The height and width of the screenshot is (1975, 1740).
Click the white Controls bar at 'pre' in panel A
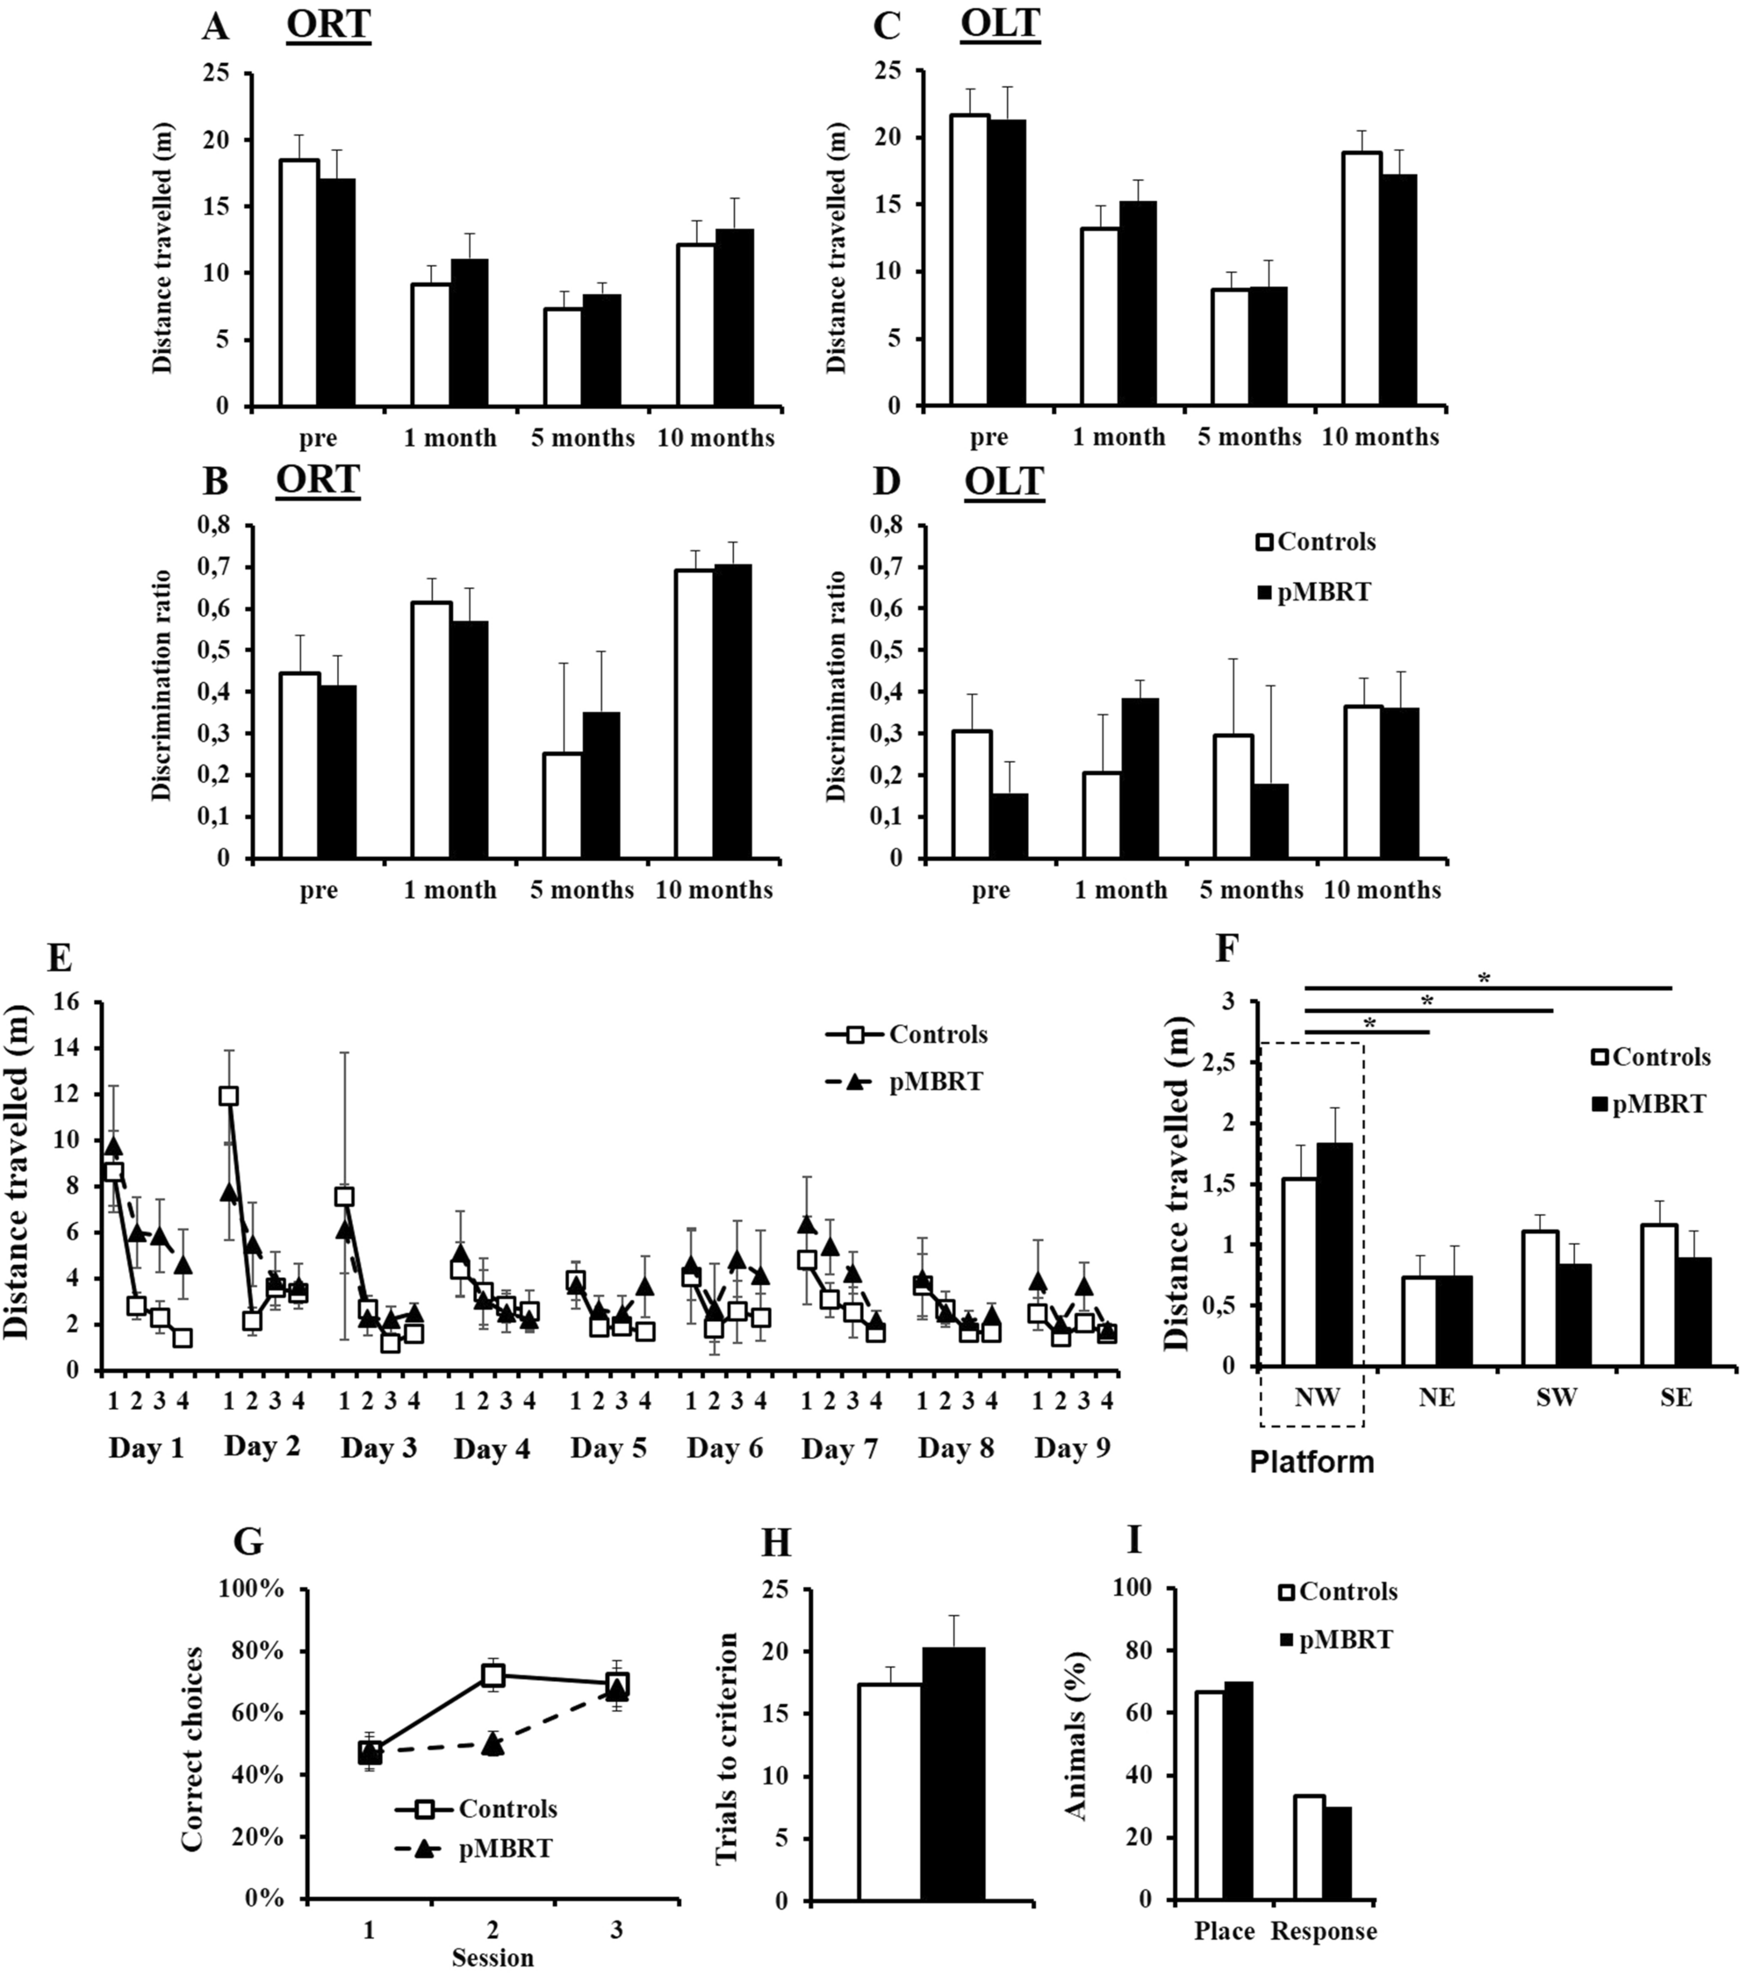(x=298, y=284)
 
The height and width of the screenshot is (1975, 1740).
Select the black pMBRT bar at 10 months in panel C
(x=1397, y=290)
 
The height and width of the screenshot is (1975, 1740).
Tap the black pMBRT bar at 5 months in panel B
(x=601, y=785)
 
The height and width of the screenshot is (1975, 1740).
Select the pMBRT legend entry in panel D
(x=1313, y=592)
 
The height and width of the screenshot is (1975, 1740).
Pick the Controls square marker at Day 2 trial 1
(x=229, y=1095)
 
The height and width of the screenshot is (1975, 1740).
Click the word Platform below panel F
(x=1311, y=1461)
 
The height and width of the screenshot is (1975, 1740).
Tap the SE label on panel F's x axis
(x=1677, y=1398)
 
